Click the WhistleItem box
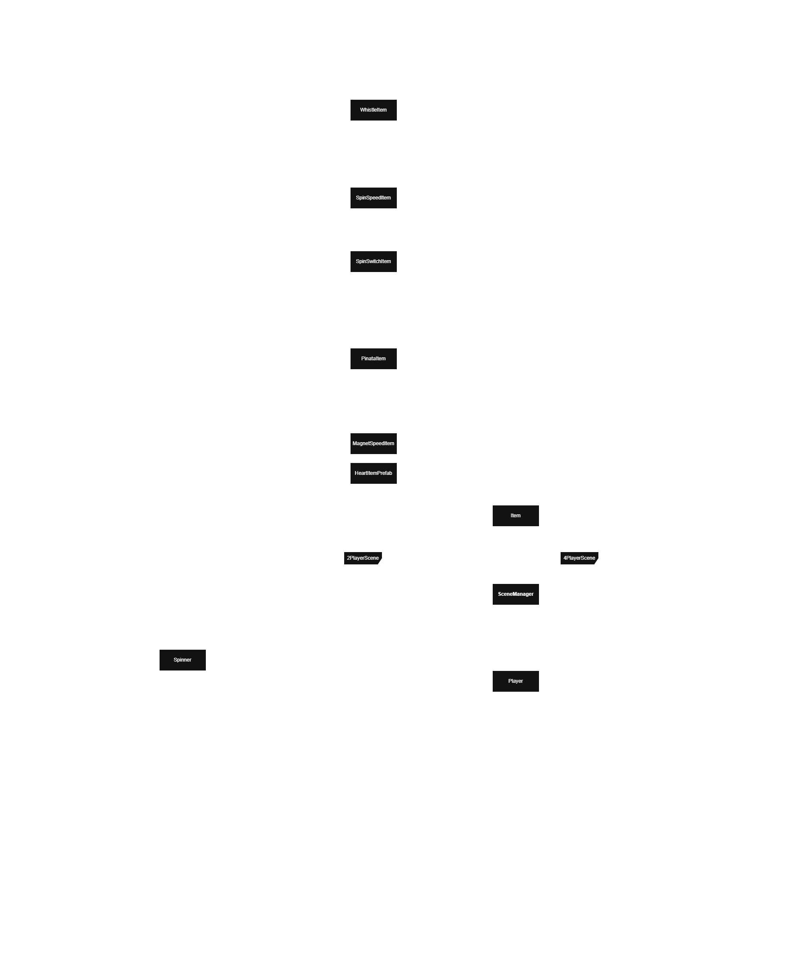pos(373,110)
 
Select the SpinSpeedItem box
pos(373,198)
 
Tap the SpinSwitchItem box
pos(373,261)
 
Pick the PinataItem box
pos(373,359)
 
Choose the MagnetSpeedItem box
pos(373,443)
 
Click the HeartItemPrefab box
pos(373,473)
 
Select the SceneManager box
pos(515,595)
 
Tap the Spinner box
pos(182,660)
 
